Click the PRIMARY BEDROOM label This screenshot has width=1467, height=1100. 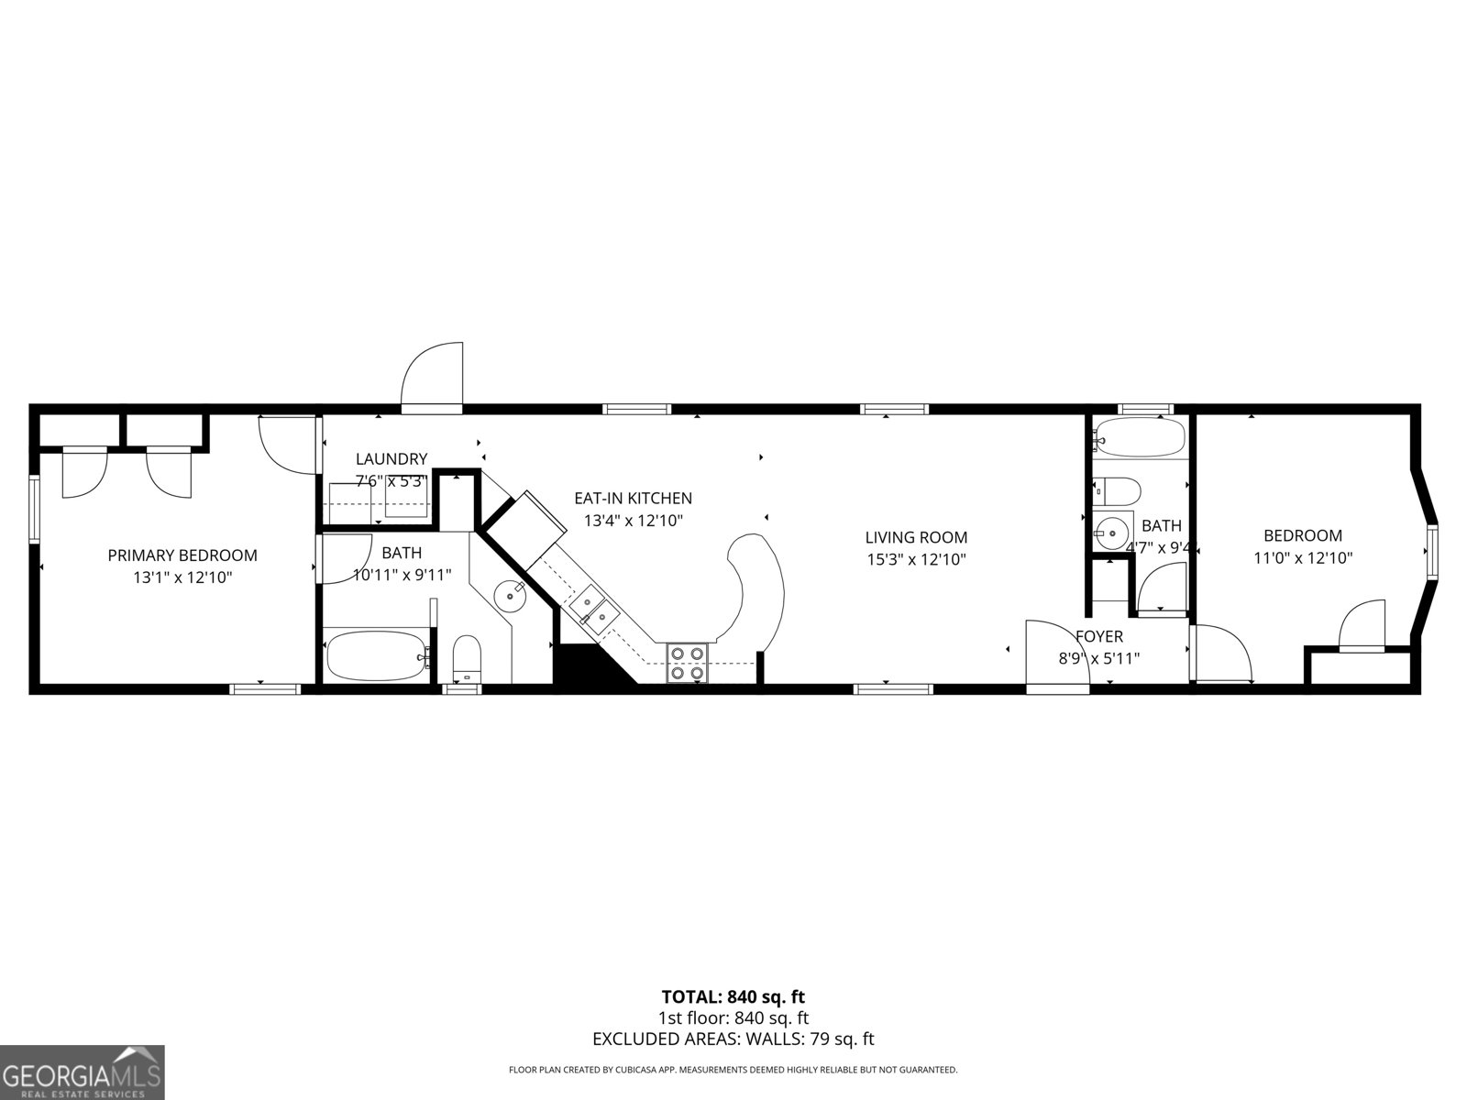(x=182, y=555)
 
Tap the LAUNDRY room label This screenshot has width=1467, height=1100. (x=392, y=459)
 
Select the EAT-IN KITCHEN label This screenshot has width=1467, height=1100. (x=633, y=499)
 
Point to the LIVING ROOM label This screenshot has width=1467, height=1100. (x=916, y=537)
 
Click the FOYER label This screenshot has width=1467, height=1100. (x=1098, y=636)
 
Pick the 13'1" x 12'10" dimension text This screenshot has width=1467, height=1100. (x=182, y=577)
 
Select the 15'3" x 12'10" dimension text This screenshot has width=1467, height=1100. (x=916, y=559)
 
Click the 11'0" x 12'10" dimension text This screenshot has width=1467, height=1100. (x=1303, y=557)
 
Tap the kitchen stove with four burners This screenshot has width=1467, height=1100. (x=688, y=663)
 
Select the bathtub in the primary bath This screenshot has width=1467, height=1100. (x=375, y=655)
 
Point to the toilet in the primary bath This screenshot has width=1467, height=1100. (x=467, y=659)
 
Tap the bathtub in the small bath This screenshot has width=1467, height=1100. (x=1139, y=438)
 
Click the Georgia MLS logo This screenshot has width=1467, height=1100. (x=83, y=1072)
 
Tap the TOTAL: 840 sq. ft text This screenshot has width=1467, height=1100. (x=733, y=996)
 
